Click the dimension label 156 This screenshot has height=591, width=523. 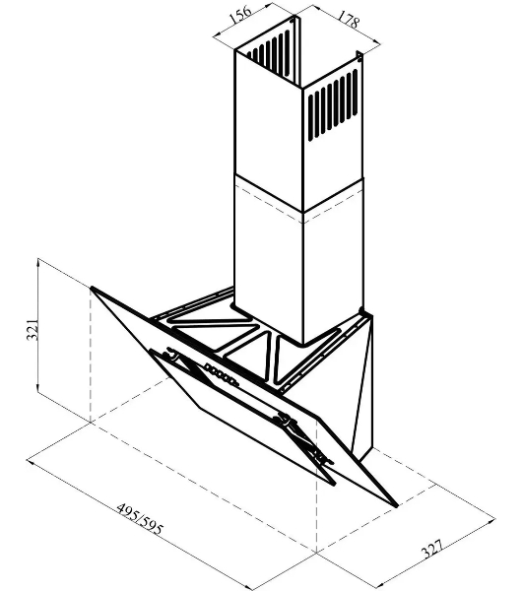coord(239,15)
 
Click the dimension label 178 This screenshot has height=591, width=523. coord(348,20)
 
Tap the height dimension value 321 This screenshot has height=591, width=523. coord(33,329)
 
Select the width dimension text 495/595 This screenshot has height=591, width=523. coord(140,519)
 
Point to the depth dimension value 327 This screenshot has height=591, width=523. coord(432,550)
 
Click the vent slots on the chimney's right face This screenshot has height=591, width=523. coord(333,105)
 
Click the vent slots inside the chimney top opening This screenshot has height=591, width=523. coord(270,53)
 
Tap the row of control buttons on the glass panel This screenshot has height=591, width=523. coord(222,374)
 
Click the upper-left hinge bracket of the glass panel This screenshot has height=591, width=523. coord(171,355)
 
